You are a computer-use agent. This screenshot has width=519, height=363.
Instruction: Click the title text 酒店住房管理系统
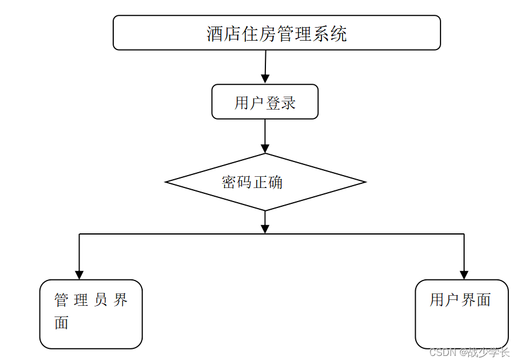coord(277,34)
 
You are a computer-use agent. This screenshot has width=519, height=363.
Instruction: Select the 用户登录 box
coord(265,102)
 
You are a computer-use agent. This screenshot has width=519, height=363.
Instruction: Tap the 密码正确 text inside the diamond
coord(252,182)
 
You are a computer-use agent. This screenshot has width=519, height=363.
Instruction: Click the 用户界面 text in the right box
coord(460,300)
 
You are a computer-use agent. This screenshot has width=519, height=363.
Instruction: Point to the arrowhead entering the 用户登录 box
coord(265,78)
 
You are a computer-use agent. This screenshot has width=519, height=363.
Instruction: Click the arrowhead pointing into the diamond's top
coord(265,148)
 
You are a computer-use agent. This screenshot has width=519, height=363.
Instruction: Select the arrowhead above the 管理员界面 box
coord(79,275)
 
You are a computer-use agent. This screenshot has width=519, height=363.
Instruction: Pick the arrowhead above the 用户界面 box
coord(464,275)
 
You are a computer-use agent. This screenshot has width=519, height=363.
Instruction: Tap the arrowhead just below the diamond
coord(265,229)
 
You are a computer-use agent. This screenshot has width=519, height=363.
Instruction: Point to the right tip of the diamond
coord(365,182)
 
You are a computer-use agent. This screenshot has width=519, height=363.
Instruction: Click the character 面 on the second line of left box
coord(61,323)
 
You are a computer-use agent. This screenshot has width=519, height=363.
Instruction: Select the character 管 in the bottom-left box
coord(61,300)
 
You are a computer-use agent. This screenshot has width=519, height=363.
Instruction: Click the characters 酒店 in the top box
coord(224,34)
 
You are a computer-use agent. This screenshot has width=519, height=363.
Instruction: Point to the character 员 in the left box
coord(100,300)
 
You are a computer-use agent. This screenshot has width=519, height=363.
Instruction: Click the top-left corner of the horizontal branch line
coord(79,234)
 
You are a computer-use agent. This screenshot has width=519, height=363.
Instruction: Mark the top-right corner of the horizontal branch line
coord(464,234)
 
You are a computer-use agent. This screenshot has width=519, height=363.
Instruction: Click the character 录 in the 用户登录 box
coord(288,103)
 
